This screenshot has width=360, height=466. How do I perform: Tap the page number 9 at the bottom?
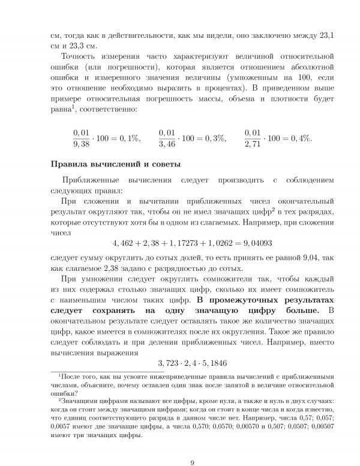191,445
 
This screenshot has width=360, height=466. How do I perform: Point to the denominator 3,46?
168,145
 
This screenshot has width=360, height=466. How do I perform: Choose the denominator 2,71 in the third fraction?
254,145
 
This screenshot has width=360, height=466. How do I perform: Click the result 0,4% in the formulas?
302,138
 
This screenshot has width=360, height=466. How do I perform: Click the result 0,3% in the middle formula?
215,138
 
